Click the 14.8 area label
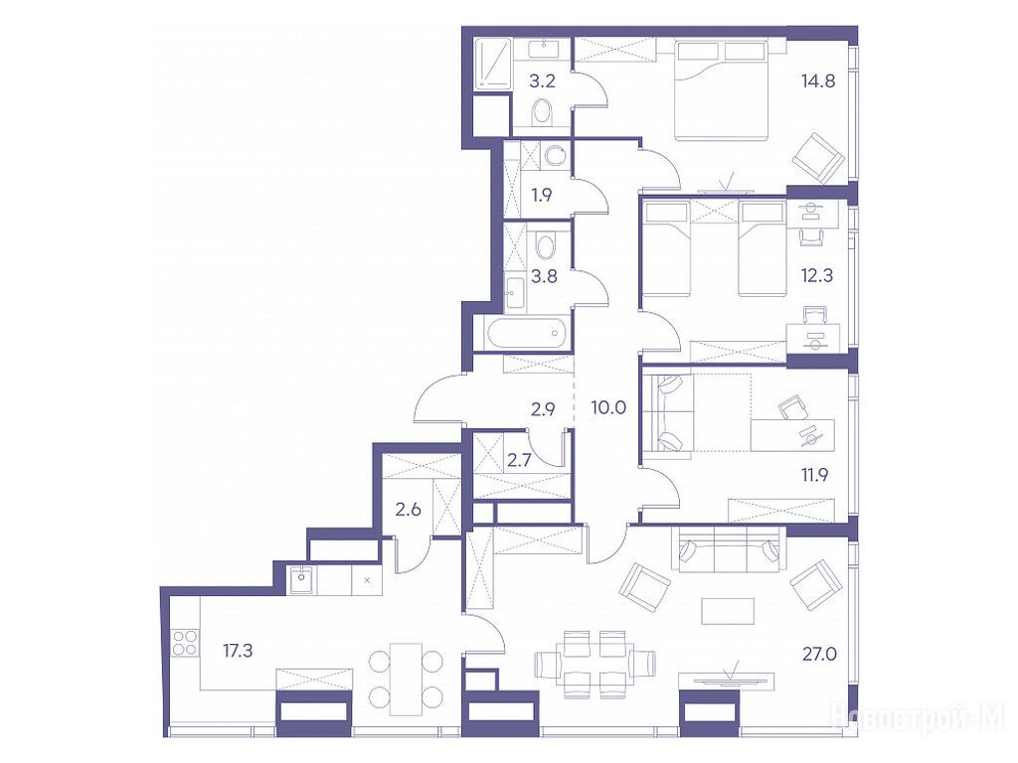pyautogui.click(x=818, y=81)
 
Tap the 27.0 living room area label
pyautogui.click(x=819, y=654)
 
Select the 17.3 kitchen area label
pyautogui.click(x=238, y=650)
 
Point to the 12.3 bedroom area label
pyautogui.click(x=817, y=275)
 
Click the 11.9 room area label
pyautogui.click(x=814, y=475)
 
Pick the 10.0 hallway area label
pyautogui.click(x=608, y=408)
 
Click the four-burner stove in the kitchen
pyautogui.click(x=184, y=643)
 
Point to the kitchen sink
pyautogui.click(x=302, y=579)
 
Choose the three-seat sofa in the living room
pyautogui.click(x=727, y=548)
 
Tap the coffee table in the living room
pyautogui.click(x=728, y=611)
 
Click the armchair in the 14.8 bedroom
pyautogui.click(x=819, y=158)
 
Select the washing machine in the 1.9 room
pyautogui.click(x=555, y=155)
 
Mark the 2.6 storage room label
pyautogui.click(x=409, y=510)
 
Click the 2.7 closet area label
pyautogui.click(x=519, y=461)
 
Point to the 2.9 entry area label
pyautogui.click(x=542, y=409)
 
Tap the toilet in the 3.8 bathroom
pyautogui.click(x=546, y=246)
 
